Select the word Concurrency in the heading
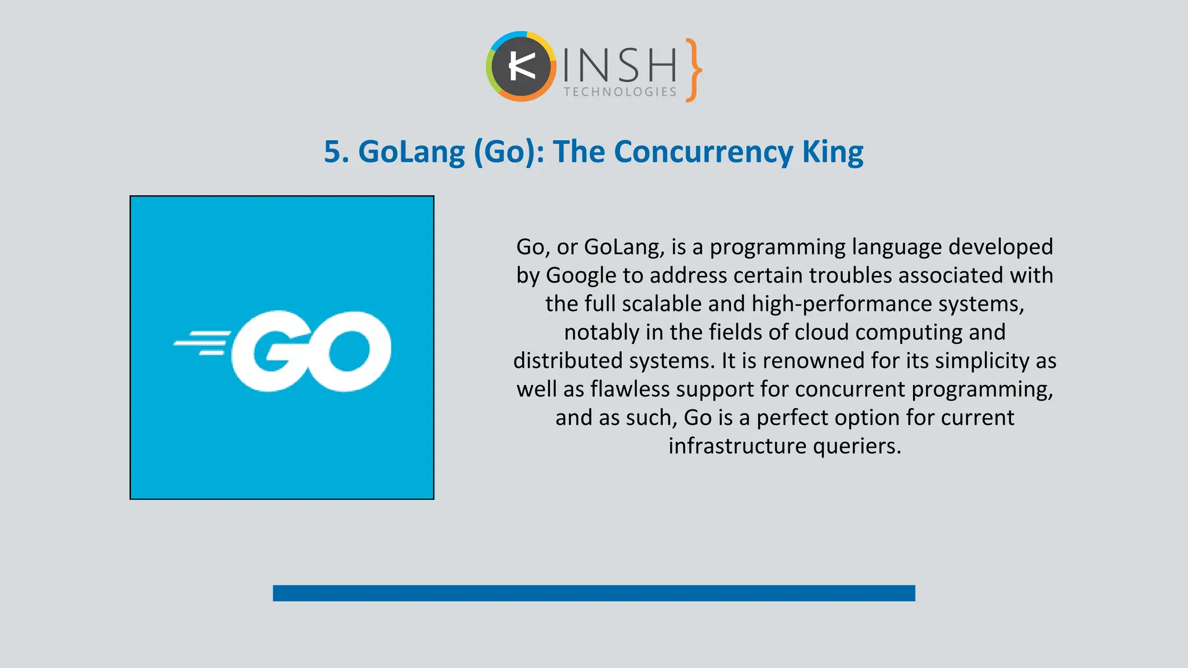point(704,152)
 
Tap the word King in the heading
point(832,152)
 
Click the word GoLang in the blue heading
point(411,152)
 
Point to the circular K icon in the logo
point(521,67)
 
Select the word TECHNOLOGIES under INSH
point(620,92)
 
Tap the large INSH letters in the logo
point(620,64)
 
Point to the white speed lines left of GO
point(201,343)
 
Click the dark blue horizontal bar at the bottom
point(593,593)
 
